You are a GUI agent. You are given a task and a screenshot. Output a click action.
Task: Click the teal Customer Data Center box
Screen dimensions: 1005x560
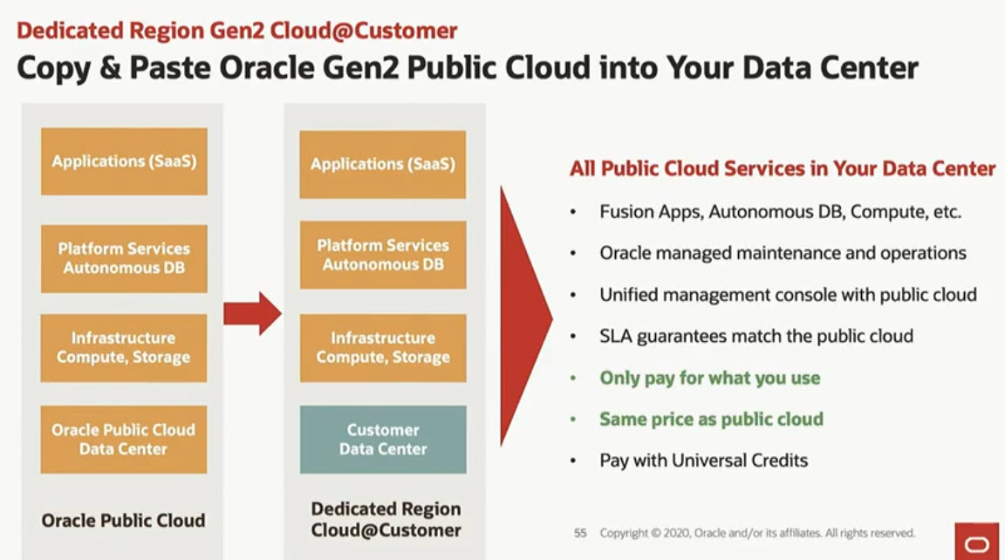[383, 440]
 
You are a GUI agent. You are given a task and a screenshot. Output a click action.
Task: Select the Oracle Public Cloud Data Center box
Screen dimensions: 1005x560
[124, 440]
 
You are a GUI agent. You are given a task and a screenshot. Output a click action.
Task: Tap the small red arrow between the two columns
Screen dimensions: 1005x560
[252, 313]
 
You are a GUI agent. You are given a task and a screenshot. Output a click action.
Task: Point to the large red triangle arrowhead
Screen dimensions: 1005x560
[525, 317]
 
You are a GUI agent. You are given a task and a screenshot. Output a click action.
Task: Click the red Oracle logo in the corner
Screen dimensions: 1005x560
[977, 542]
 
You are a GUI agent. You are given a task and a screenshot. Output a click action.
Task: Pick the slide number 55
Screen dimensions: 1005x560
[580, 532]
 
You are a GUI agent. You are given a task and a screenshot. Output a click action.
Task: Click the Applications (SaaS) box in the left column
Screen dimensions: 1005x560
[124, 161]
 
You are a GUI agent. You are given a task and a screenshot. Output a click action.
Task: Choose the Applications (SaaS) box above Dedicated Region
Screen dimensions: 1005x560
[383, 165]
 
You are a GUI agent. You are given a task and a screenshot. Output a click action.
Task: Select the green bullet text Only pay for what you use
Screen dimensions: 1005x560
[709, 378]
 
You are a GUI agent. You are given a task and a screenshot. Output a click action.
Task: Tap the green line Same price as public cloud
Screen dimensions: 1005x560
[712, 419]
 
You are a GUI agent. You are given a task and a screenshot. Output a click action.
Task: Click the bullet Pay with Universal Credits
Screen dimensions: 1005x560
[704, 461]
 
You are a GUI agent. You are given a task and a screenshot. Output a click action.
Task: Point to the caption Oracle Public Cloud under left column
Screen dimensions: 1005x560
[124, 520]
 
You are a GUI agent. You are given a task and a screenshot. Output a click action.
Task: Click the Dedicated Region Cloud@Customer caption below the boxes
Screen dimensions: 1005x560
[386, 520]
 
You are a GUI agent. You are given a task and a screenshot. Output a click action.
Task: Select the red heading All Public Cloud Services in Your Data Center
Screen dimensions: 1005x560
[783, 168]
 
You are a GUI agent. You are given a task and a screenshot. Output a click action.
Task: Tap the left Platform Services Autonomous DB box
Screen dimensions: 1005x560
[124, 259]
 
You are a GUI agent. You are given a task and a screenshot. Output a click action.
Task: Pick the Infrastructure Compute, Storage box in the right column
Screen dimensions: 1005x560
[383, 348]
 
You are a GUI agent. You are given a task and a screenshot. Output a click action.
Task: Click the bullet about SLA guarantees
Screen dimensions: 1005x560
[756, 337]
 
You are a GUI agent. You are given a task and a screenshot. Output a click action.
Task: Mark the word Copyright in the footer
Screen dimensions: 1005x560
[624, 533]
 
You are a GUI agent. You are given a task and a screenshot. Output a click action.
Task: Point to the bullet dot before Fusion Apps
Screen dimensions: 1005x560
[573, 212]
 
